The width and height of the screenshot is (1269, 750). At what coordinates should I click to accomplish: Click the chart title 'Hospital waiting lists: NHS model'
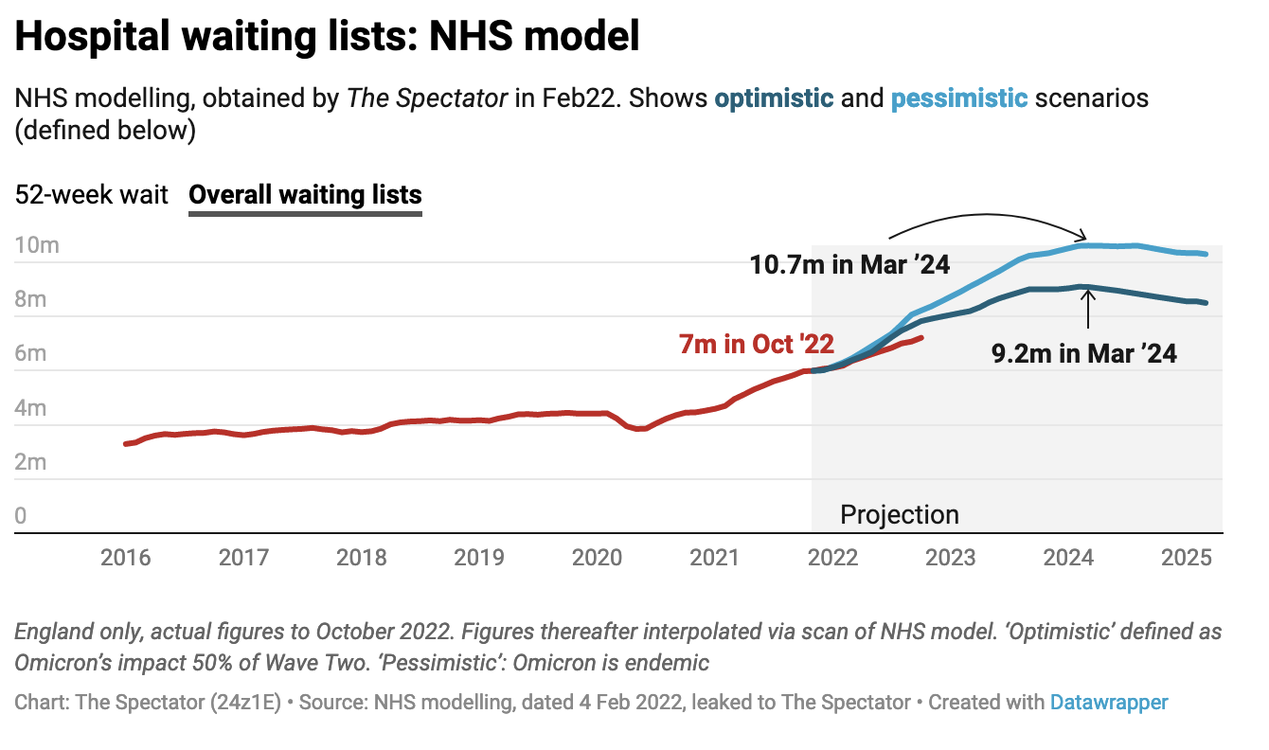pos(327,38)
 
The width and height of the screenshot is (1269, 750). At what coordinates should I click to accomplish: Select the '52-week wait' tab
pos(91,195)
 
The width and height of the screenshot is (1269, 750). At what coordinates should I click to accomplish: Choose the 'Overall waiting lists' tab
pos(305,195)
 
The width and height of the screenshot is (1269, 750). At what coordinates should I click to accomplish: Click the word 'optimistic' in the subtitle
pos(774,98)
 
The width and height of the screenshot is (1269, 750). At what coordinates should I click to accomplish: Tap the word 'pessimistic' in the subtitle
pos(958,98)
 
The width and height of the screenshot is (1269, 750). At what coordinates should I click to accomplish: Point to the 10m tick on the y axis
pos(37,246)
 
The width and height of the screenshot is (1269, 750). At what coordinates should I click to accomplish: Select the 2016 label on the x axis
pos(125,557)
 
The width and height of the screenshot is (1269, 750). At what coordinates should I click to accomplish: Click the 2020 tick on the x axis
pos(597,557)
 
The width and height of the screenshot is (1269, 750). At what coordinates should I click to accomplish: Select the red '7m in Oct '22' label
pos(749,344)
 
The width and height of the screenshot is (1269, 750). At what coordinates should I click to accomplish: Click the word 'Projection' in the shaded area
pos(900,515)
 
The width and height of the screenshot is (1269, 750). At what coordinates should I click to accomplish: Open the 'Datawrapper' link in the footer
pos(1108,703)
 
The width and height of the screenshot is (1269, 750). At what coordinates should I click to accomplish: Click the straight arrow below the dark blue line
pos(1088,309)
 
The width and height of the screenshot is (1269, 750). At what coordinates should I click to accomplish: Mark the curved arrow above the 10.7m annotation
pos(985,221)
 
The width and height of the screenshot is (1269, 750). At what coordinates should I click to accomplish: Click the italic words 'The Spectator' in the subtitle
pos(427,98)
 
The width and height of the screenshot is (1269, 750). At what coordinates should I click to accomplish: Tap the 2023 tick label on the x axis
pos(950,557)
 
